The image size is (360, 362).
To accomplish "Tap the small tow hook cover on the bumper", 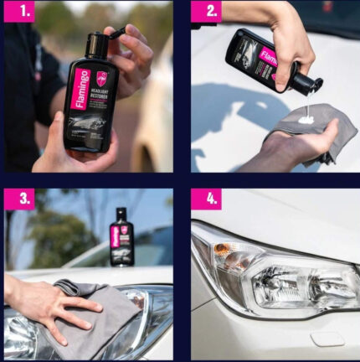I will point(327,339).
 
